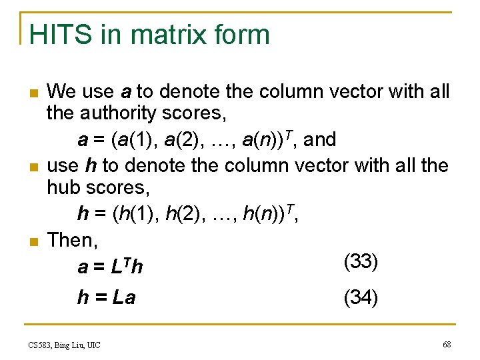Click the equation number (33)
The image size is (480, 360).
coord(361,261)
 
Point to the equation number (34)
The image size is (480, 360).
coord(361,297)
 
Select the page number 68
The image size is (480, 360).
coord(446,344)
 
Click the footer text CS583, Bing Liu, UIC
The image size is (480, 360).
coord(64,345)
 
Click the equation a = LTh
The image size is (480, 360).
coord(110,267)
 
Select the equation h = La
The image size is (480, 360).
coord(107,297)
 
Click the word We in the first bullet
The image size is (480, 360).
coord(61,91)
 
